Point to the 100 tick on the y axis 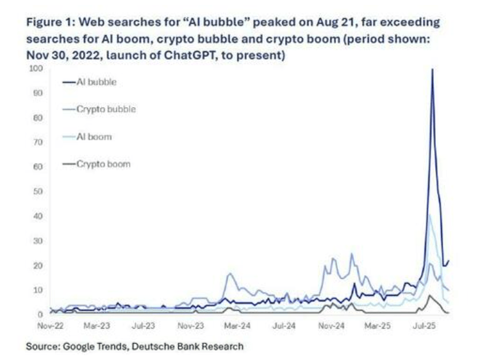point(38,68)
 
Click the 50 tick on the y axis point(39,191)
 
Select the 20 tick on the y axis point(39,265)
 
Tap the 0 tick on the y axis point(41,314)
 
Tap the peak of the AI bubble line point(432,69)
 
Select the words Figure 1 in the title point(50,23)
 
